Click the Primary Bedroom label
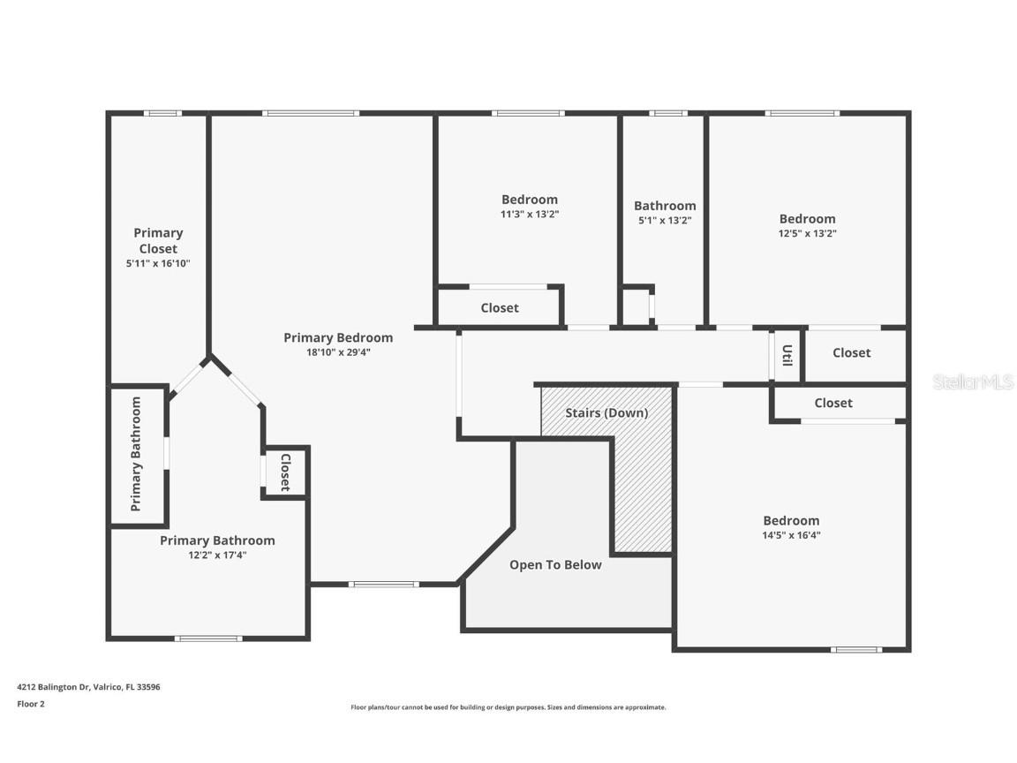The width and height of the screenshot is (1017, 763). click(x=338, y=337)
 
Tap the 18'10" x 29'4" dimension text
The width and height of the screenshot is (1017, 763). click(x=338, y=352)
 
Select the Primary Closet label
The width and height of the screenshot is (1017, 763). click(x=158, y=240)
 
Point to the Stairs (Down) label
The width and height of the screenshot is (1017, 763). click(x=606, y=412)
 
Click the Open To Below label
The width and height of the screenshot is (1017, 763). click(x=555, y=565)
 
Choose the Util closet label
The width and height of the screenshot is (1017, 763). click(x=787, y=355)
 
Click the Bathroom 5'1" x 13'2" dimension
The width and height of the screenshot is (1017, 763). click(x=665, y=220)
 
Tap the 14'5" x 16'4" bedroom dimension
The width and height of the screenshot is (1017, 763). click(x=791, y=535)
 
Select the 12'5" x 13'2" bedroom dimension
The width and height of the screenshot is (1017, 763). click(x=807, y=234)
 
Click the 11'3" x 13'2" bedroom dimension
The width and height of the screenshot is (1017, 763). click(x=530, y=214)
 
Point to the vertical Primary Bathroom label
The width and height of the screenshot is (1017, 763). click(x=136, y=454)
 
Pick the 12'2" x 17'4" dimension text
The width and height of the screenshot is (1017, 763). click(x=217, y=555)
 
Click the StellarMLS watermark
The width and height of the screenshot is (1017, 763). click(x=973, y=382)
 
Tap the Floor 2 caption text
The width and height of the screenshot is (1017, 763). click(x=31, y=704)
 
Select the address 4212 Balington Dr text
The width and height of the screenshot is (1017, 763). click(x=88, y=686)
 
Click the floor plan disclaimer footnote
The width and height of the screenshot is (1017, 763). click(x=508, y=707)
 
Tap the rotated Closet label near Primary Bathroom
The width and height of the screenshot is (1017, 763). click(x=285, y=472)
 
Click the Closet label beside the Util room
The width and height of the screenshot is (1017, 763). click(x=851, y=352)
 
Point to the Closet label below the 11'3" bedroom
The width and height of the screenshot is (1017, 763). click(x=500, y=308)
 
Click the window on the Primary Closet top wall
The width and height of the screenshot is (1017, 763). click(x=162, y=113)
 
